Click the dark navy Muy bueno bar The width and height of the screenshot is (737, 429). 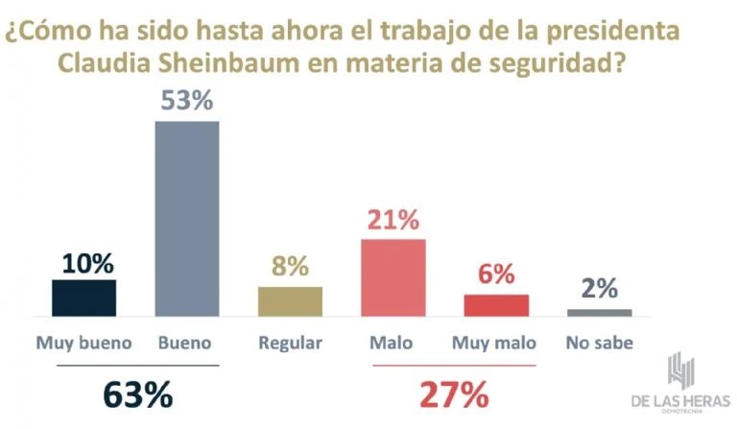(x=83, y=298)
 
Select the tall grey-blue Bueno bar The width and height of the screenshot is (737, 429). (x=187, y=219)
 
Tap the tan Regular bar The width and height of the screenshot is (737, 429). (x=290, y=301)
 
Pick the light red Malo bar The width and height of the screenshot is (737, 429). (x=392, y=277)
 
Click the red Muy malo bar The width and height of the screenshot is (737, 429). (x=496, y=305)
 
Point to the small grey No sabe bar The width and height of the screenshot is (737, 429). (x=600, y=312)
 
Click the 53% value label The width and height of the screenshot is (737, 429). (x=187, y=101)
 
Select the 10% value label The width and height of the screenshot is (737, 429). (x=83, y=261)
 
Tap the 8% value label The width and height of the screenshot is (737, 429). (x=290, y=267)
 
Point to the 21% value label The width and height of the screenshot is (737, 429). (x=392, y=220)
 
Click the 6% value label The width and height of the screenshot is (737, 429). (x=496, y=274)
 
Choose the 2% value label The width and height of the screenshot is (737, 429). (x=600, y=289)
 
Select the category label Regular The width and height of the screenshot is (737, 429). (x=290, y=343)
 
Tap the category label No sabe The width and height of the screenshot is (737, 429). (x=600, y=343)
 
